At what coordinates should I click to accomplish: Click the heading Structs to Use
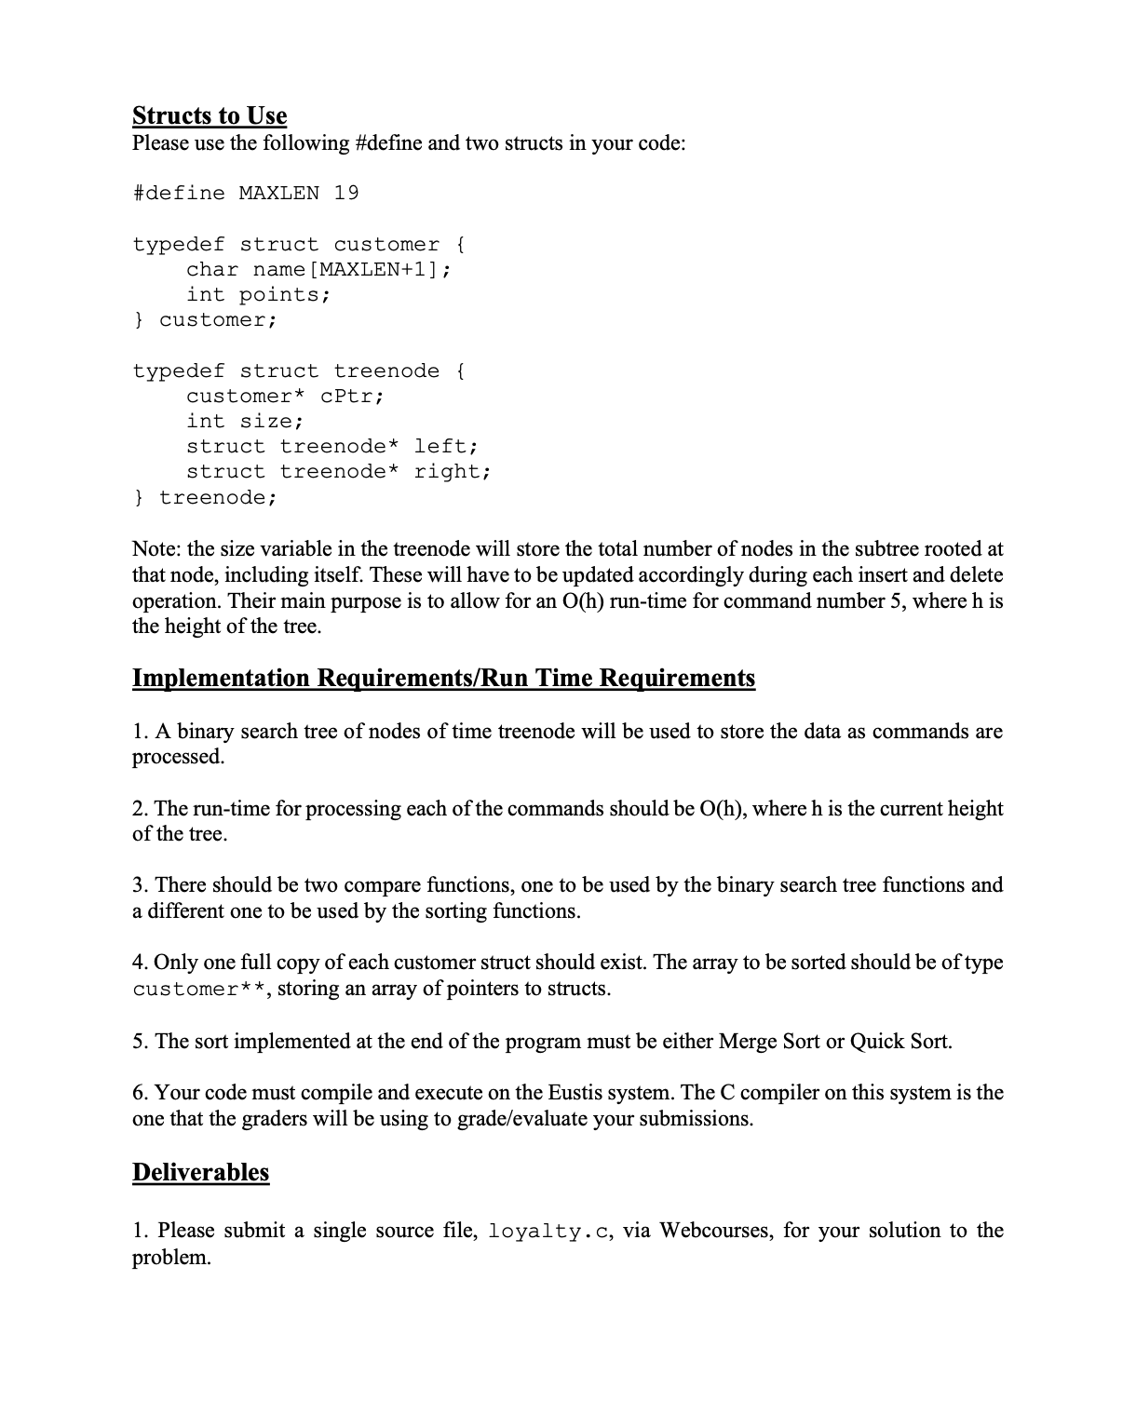tap(210, 115)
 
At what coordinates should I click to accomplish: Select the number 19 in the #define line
tap(346, 194)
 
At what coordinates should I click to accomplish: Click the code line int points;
tap(258, 295)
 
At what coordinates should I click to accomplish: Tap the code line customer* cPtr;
tap(284, 397)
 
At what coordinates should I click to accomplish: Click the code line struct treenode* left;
tap(331, 447)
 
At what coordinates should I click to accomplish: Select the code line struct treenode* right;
tap(338, 472)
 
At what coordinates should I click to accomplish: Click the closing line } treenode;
tap(205, 498)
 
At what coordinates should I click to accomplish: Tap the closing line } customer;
tap(205, 320)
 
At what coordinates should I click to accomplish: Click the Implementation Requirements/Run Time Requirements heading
tap(443, 678)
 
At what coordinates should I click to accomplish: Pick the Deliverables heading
tap(200, 1172)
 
